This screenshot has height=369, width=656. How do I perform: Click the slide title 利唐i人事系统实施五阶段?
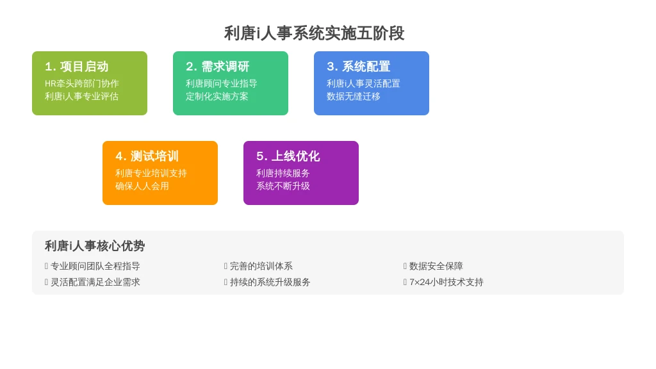[314, 33]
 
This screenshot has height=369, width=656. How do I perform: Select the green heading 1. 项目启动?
[77, 67]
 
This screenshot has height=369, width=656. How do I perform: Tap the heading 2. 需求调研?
[218, 67]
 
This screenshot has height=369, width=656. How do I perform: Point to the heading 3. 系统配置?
[359, 67]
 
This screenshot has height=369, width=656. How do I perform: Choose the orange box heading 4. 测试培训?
[147, 156]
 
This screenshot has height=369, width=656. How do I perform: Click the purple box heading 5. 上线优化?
[288, 156]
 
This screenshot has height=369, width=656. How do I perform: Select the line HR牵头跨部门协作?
[82, 84]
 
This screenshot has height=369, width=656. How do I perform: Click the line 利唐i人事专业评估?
[81, 97]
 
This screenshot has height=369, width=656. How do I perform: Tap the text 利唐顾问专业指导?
[221, 84]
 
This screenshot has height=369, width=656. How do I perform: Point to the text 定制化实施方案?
[217, 97]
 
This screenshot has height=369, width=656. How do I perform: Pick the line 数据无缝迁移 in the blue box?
[354, 97]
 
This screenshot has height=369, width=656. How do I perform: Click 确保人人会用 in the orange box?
[142, 186]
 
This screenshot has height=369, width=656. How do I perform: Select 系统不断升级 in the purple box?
[283, 186]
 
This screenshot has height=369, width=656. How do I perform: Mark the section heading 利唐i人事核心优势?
[95, 246]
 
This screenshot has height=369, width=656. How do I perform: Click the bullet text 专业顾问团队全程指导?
[95, 266]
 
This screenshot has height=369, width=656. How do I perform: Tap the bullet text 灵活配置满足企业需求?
[95, 283]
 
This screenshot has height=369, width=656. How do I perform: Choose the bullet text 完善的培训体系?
[261, 266]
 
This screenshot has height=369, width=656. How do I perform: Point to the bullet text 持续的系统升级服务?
[270, 283]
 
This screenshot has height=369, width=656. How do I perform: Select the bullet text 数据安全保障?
[436, 266]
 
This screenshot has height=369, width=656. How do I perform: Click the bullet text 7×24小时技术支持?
[447, 283]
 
